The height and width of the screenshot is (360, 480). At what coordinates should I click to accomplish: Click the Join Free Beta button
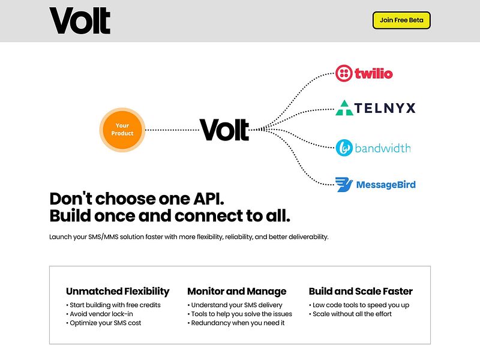[x=401, y=20]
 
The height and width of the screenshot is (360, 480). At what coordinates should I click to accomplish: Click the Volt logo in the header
[x=80, y=20]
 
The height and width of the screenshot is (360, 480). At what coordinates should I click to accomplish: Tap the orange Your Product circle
[x=122, y=130]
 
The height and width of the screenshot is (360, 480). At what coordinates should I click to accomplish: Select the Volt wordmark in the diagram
[x=224, y=130]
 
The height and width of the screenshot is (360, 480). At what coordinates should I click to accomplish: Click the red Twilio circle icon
[x=344, y=74]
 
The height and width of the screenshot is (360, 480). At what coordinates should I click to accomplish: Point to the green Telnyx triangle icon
[x=344, y=108]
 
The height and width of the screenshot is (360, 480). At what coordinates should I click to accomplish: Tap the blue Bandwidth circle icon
[x=344, y=148]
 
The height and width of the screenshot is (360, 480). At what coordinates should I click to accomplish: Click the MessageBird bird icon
[x=343, y=185]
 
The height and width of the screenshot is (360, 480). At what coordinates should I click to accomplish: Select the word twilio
[x=373, y=74]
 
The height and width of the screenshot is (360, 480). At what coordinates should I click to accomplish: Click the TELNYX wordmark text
[x=385, y=108]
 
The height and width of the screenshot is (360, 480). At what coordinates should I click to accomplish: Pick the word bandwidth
[x=383, y=148]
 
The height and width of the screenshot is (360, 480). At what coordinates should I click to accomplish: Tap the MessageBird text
[x=385, y=185]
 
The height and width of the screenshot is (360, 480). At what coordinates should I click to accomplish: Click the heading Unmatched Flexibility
[x=118, y=292]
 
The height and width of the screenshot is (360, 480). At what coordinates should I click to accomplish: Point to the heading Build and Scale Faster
[x=361, y=292]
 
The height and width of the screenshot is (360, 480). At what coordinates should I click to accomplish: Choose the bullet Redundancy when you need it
[x=238, y=323]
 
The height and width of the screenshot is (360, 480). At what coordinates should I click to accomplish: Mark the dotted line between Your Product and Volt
[x=172, y=130]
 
